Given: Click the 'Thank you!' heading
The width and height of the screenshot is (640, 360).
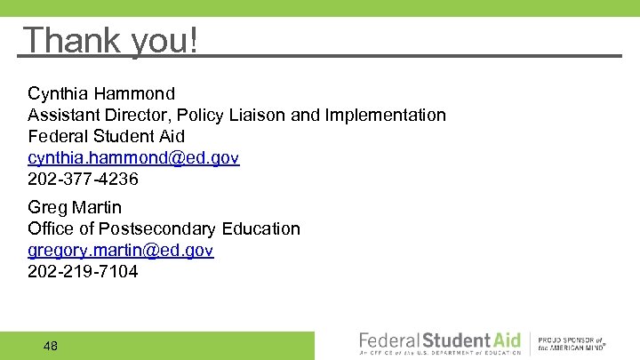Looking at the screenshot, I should (111, 40).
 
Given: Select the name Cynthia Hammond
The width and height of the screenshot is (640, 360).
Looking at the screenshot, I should (101, 93).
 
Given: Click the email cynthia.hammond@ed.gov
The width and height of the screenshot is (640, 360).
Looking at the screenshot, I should (133, 158).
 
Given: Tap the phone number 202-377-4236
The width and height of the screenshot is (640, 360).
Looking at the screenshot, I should (84, 180).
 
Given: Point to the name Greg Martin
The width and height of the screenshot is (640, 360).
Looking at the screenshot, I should (75, 208).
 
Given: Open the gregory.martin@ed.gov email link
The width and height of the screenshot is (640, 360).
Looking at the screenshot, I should (121, 251).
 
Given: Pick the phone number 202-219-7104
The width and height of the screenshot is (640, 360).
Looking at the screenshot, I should (84, 272).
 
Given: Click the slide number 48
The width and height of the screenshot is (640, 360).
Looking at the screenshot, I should (50, 346).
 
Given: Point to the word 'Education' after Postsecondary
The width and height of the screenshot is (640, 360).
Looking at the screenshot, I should (261, 229).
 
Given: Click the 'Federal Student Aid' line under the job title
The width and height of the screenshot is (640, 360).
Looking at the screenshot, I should (106, 136).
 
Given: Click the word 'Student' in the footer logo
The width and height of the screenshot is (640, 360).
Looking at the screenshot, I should (456, 340).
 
